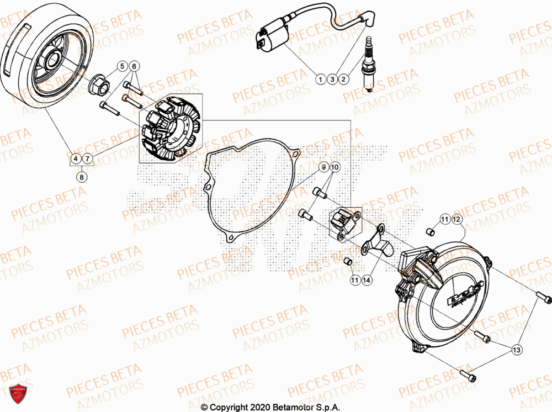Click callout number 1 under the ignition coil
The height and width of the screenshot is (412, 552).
point(320,80)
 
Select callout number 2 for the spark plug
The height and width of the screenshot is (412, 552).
point(343,80)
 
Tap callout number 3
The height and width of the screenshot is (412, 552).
point(332,80)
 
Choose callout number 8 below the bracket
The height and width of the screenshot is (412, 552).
point(82,177)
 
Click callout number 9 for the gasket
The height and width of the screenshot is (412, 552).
point(324,167)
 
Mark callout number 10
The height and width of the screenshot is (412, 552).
point(336,167)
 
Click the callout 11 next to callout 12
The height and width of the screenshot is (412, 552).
point(444,220)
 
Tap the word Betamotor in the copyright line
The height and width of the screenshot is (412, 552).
point(291,407)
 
